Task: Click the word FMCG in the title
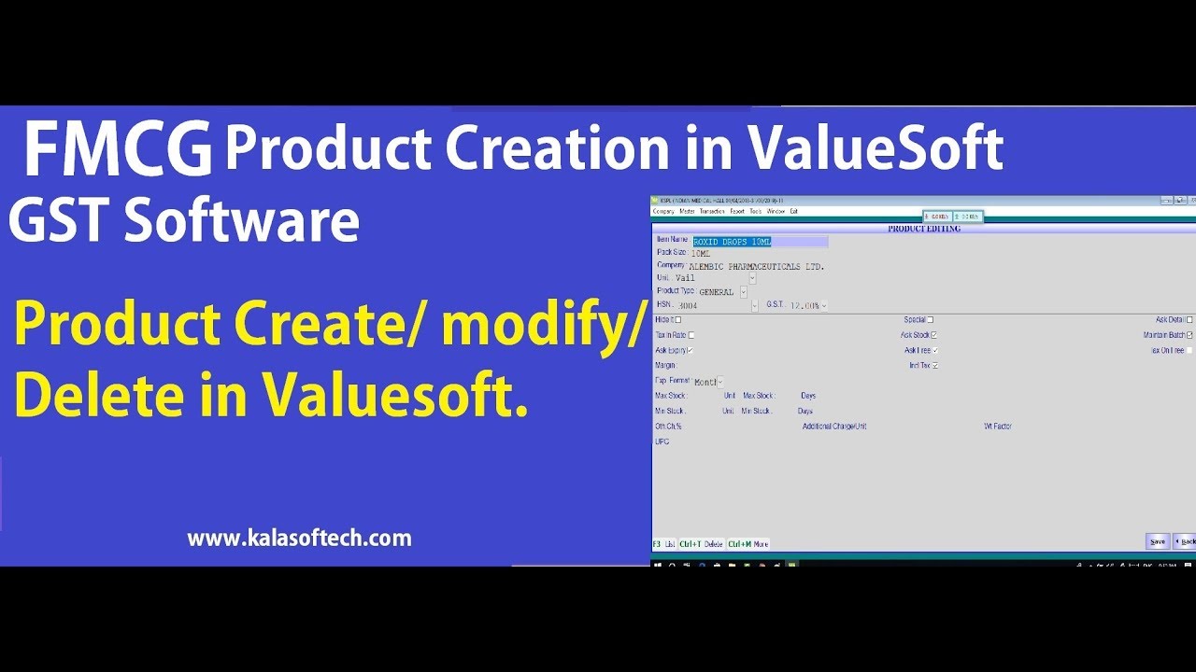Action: point(117,151)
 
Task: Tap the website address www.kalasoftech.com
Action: point(299,539)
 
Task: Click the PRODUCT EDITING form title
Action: point(923,229)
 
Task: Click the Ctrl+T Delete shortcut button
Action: point(702,543)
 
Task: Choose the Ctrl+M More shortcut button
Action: point(748,543)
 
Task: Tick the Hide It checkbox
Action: point(678,320)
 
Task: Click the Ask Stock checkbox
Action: point(934,335)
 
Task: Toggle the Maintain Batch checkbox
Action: point(1189,335)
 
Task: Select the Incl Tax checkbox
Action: point(934,365)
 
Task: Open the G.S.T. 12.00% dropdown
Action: point(824,306)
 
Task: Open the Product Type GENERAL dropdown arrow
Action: point(744,292)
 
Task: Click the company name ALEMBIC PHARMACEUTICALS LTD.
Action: point(757,267)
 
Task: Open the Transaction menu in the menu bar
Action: point(712,211)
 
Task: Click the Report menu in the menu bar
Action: point(737,211)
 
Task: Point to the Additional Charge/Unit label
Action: point(834,427)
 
